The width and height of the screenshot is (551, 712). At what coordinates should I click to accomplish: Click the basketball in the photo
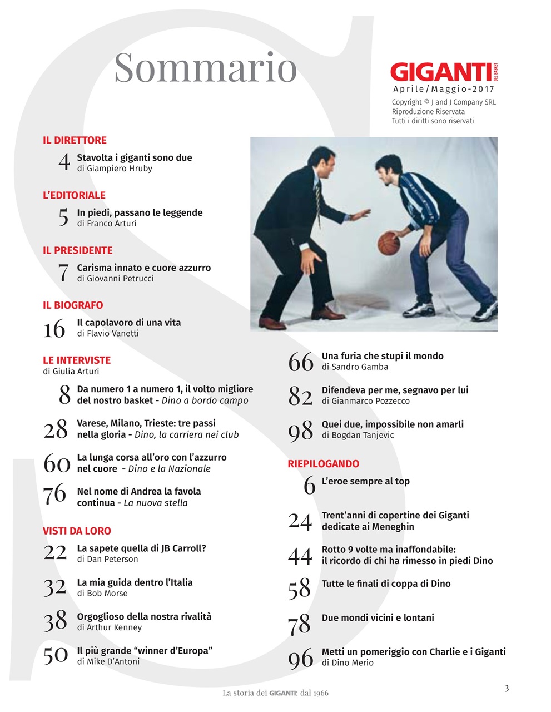(x=389, y=243)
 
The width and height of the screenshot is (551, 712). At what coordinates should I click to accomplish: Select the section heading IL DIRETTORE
(x=75, y=140)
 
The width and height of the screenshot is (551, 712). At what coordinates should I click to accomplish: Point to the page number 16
(x=54, y=329)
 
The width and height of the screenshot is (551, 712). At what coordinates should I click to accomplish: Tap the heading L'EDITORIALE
(x=74, y=195)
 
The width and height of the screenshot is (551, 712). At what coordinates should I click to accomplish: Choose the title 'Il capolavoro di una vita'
(x=128, y=323)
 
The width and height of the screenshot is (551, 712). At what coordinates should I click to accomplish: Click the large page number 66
(x=300, y=363)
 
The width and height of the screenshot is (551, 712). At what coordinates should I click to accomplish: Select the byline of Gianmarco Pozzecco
(x=365, y=401)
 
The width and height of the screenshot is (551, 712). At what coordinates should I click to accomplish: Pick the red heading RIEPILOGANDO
(x=323, y=464)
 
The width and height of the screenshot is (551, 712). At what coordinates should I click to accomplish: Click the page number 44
(x=300, y=556)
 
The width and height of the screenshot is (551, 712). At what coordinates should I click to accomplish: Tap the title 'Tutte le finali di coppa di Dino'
(x=386, y=584)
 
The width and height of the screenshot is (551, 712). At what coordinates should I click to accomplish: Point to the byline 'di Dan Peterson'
(x=107, y=560)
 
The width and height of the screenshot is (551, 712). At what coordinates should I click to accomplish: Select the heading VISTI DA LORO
(x=77, y=531)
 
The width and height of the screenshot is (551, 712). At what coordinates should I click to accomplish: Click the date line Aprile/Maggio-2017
(x=443, y=89)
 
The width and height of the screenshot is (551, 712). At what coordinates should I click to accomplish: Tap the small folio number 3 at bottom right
(x=507, y=688)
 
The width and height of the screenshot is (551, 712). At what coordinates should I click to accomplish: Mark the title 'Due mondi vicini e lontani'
(x=378, y=617)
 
